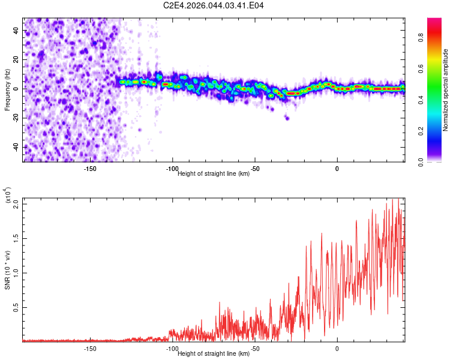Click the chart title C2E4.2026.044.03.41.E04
tap(214, 5)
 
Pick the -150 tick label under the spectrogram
tap(90, 169)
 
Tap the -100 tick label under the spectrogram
tap(172, 169)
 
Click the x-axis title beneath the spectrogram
tap(214, 173)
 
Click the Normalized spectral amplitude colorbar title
tap(446, 90)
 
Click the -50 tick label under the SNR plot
tap(254, 348)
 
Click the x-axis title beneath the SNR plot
tap(214, 353)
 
